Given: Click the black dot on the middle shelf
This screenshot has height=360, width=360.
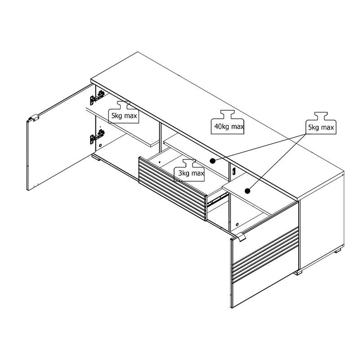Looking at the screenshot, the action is [x=212, y=161].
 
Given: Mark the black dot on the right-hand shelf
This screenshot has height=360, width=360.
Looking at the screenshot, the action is [x=247, y=191].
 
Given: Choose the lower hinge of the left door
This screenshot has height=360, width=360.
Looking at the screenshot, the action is [x=97, y=137].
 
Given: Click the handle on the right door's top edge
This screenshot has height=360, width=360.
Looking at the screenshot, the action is [x=241, y=237].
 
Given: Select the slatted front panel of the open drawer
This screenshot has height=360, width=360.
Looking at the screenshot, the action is [x=172, y=188].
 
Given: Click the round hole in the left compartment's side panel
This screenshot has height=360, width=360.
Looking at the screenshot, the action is [x=100, y=145].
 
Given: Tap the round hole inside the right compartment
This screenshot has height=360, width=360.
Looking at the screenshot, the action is [x=237, y=224].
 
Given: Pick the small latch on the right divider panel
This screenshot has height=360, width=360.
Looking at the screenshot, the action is [x=234, y=171].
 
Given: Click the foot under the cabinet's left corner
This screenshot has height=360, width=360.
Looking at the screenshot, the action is [x=96, y=157].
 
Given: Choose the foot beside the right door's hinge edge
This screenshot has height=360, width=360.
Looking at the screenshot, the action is [x=298, y=272].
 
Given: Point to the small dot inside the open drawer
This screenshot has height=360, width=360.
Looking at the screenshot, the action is [x=160, y=162].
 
